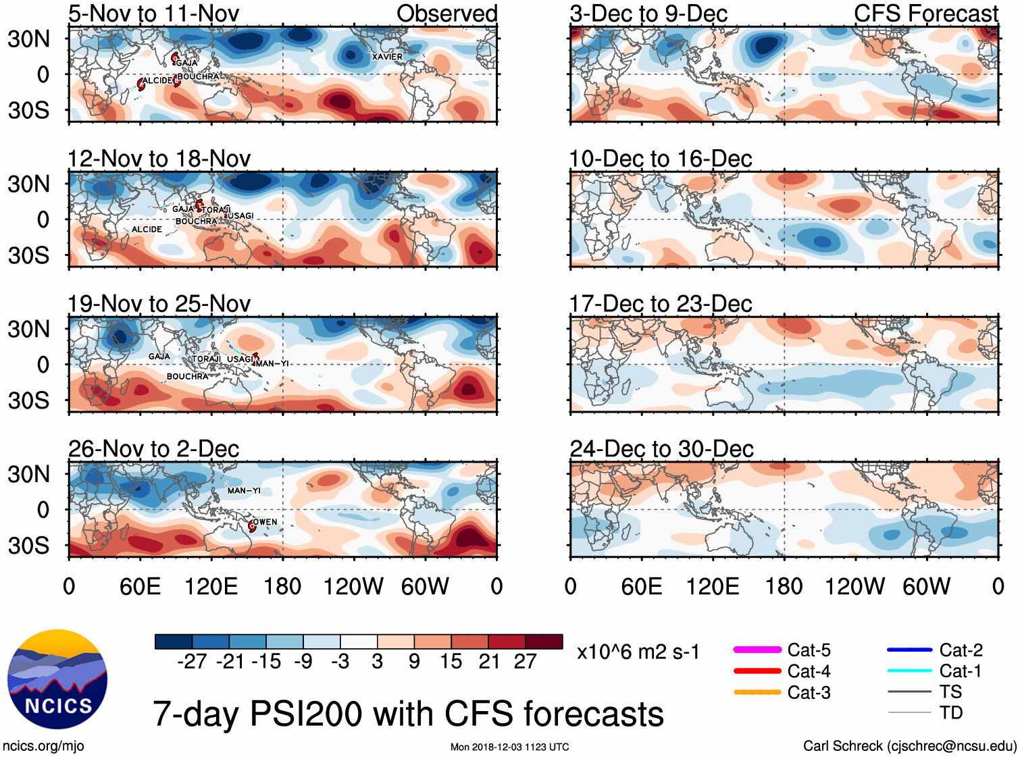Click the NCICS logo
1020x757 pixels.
[57, 679]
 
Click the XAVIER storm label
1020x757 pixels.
[387, 57]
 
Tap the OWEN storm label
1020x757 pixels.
[265, 522]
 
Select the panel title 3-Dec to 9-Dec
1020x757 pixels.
[648, 14]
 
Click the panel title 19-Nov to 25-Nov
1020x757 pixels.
[159, 304]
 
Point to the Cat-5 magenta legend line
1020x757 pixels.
[757, 650]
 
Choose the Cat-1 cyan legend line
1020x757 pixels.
[909, 671]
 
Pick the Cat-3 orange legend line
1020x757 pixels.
[757, 692]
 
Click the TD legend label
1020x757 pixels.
[950, 712]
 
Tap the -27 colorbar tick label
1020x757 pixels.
[192, 661]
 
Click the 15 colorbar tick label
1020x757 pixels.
[451, 661]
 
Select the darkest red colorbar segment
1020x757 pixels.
[544, 642]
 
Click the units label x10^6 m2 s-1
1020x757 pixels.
[638, 652]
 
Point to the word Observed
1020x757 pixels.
[447, 14]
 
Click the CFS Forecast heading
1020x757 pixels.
[925, 14]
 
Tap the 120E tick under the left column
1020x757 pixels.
[211, 586]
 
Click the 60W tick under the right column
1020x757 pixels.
[926, 586]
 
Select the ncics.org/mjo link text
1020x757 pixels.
[43, 746]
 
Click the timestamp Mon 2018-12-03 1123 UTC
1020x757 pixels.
[509, 747]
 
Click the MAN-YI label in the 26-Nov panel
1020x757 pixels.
[244, 490]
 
